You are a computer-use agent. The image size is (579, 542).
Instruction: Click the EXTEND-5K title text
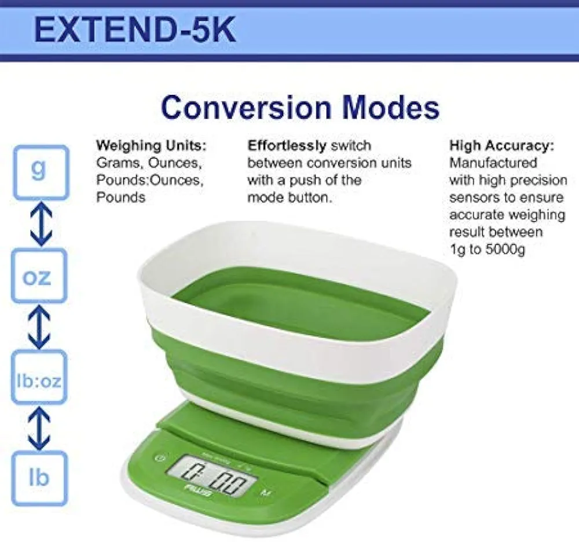point(135,30)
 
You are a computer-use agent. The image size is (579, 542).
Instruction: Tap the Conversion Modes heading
point(300,108)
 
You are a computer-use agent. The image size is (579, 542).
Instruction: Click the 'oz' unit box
point(39,276)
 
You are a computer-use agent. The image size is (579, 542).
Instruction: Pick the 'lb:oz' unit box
point(39,377)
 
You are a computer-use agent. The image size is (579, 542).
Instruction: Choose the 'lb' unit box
point(39,478)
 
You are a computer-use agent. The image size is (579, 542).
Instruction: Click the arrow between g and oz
point(41,224)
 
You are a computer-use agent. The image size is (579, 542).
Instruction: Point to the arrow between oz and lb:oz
point(39,327)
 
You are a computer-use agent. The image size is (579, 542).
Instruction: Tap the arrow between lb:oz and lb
point(39,428)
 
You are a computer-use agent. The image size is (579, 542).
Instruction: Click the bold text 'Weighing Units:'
point(151,145)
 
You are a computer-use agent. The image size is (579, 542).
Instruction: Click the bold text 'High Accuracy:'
point(502,145)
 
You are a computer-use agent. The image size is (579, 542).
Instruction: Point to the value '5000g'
point(504,250)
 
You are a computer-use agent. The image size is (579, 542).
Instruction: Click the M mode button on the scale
point(265,492)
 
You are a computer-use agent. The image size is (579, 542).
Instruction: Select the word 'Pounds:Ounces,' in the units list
point(150,180)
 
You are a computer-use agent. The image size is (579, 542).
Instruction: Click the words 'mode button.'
point(290,197)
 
